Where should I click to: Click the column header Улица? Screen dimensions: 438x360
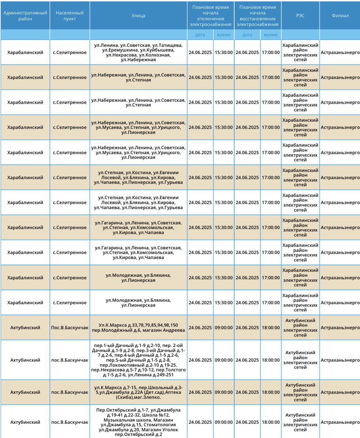click(138, 16)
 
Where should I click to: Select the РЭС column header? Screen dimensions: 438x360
click(300, 16)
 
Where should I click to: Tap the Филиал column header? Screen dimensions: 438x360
click(340, 16)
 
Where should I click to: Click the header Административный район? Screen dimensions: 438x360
click(25, 16)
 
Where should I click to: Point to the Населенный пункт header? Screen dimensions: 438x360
click(70, 16)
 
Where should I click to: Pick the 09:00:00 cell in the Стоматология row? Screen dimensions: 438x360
click(224, 422)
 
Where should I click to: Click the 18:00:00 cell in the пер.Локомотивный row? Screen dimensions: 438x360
click(270, 360)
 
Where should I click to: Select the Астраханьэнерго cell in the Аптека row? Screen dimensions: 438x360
click(340, 392)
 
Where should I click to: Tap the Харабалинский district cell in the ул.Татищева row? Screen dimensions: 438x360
click(25, 52)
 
